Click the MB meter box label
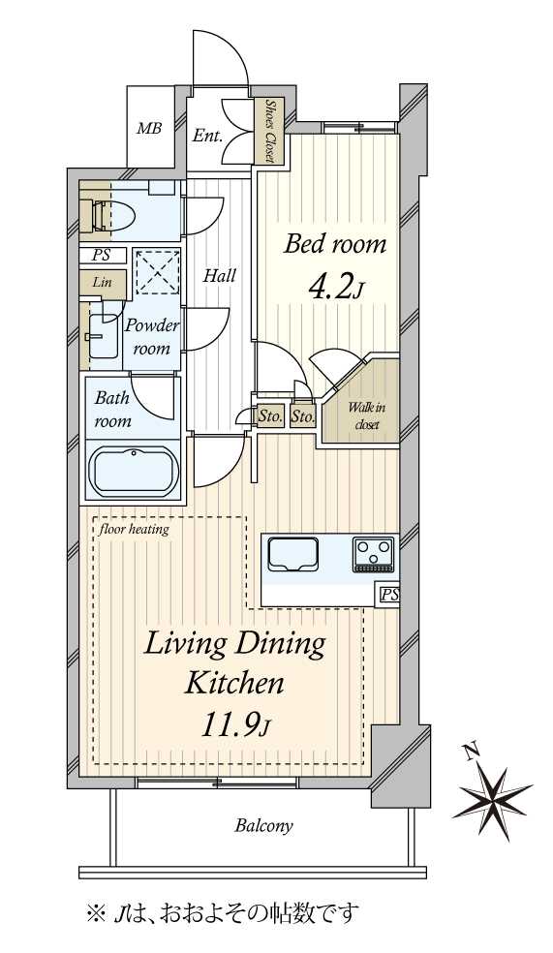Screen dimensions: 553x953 tap(149, 129)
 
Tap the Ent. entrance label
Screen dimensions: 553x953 tap(207, 135)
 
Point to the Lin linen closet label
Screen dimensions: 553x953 tap(102, 282)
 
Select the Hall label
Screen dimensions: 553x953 tap(220, 276)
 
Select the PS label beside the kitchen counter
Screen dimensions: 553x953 tap(389, 595)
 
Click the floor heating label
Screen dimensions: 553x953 tap(135, 529)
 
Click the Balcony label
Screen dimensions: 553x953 tap(264, 825)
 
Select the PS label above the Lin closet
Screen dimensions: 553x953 tap(102, 256)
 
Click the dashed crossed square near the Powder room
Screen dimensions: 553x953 tap(156, 272)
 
